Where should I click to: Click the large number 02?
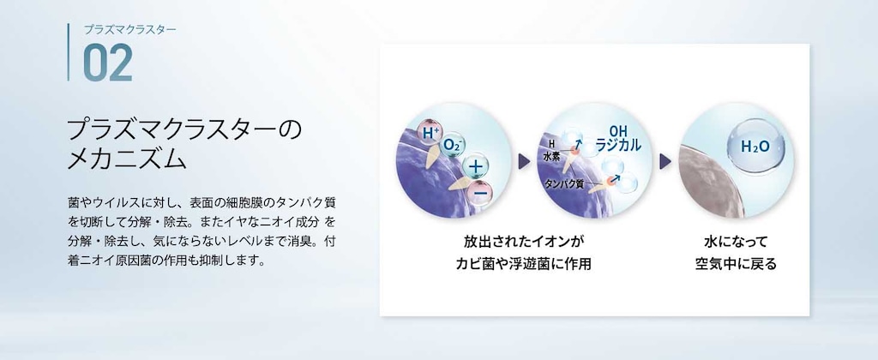pos(107,63)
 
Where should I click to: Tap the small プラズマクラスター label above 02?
pos(130,30)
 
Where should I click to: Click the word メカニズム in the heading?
pos(127,159)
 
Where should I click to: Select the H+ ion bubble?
pos(430,133)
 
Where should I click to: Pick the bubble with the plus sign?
pos(475,166)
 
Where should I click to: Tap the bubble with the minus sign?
pos(478,191)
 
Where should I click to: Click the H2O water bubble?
pos(755,146)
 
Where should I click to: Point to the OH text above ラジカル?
pos(618,130)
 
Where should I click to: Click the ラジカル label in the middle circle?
pos(618,145)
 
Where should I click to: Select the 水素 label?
pos(551,159)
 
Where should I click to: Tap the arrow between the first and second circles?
pos(524,161)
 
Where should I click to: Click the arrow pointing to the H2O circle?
pos(665,161)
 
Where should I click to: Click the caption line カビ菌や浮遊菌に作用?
pos(524,264)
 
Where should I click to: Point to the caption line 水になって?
pos(736,242)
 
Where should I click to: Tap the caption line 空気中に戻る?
pos(736,264)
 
